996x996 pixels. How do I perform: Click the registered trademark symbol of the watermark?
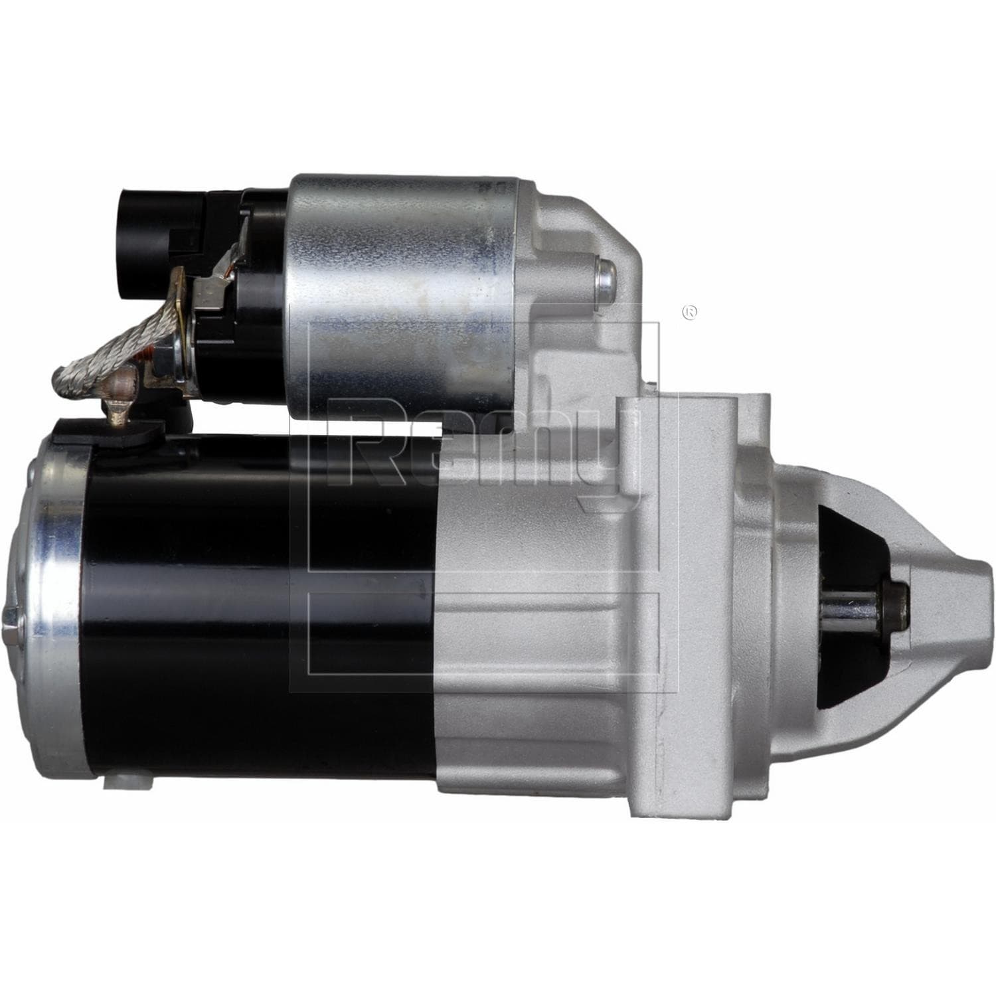[691, 312]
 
